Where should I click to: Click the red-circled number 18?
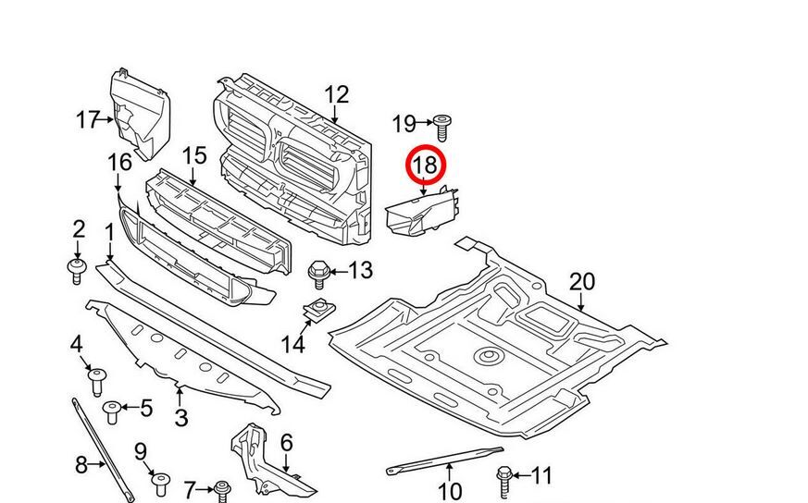[x=428, y=166]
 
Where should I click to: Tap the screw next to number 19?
[x=441, y=124]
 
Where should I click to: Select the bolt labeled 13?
[x=318, y=271]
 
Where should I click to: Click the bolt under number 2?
[x=78, y=270]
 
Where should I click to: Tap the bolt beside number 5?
[x=112, y=410]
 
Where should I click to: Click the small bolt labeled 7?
[x=222, y=487]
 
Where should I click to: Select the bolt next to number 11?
[x=505, y=477]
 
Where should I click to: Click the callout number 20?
[x=581, y=281]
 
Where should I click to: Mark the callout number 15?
[x=193, y=154]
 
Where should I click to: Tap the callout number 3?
[x=180, y=418]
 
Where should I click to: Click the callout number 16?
[x=119, y=163]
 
